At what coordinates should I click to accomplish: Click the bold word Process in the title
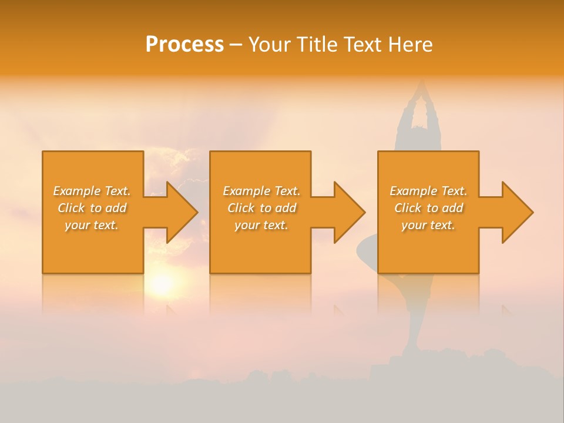click(184, 45)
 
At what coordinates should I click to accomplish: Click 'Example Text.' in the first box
click(92, 191)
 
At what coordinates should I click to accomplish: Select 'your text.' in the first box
click(92, 225)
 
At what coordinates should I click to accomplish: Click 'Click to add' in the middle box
click(261, 208)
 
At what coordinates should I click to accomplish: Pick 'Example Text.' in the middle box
click(261, 191)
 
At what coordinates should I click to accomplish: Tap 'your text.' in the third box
click(428, 225)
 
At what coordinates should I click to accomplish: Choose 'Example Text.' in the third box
click(428, 191)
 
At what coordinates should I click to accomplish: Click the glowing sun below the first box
click(161, 284)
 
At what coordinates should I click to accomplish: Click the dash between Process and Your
click(236, 45)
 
